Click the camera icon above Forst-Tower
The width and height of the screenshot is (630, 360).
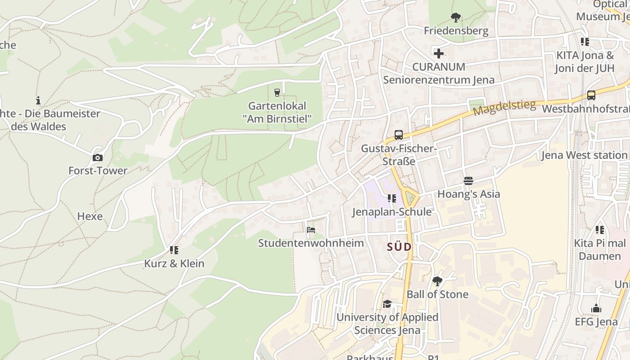(x=97, y=157)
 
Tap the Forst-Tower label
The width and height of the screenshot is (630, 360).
(x=98, y=171)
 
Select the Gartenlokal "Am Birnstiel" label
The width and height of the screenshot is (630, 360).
(x=277, y=112)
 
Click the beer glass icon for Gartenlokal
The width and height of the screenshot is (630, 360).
(x=277, y=93)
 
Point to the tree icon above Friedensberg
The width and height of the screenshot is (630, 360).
(x=455, y=18)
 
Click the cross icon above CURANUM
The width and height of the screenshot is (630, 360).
(x=438, y=54)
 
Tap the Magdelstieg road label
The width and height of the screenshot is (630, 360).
(x=504, y=108)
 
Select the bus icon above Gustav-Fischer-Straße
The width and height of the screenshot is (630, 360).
(x=398, y=135)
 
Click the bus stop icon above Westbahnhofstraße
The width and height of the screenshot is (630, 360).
(x=591, y=95)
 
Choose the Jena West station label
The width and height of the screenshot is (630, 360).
(x=584, y=155)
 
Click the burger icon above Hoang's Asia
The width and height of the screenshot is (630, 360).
(x=468, y=181)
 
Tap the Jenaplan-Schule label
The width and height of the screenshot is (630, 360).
(x=391, y=211)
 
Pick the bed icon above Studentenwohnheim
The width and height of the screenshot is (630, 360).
(x=310, y=230)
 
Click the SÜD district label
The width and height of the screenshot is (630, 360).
(x=399, y=247)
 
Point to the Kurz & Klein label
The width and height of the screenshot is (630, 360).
(x=174, y=264)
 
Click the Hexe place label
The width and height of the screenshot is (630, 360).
(x=90, y=216)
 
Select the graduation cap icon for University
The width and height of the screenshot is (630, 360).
(x=387, y=304)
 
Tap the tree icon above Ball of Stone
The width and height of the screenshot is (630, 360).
(x=437, y=281)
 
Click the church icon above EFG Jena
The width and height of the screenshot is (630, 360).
(x=596, y=308)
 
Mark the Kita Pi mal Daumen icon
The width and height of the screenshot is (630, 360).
(x=599, y=230)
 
